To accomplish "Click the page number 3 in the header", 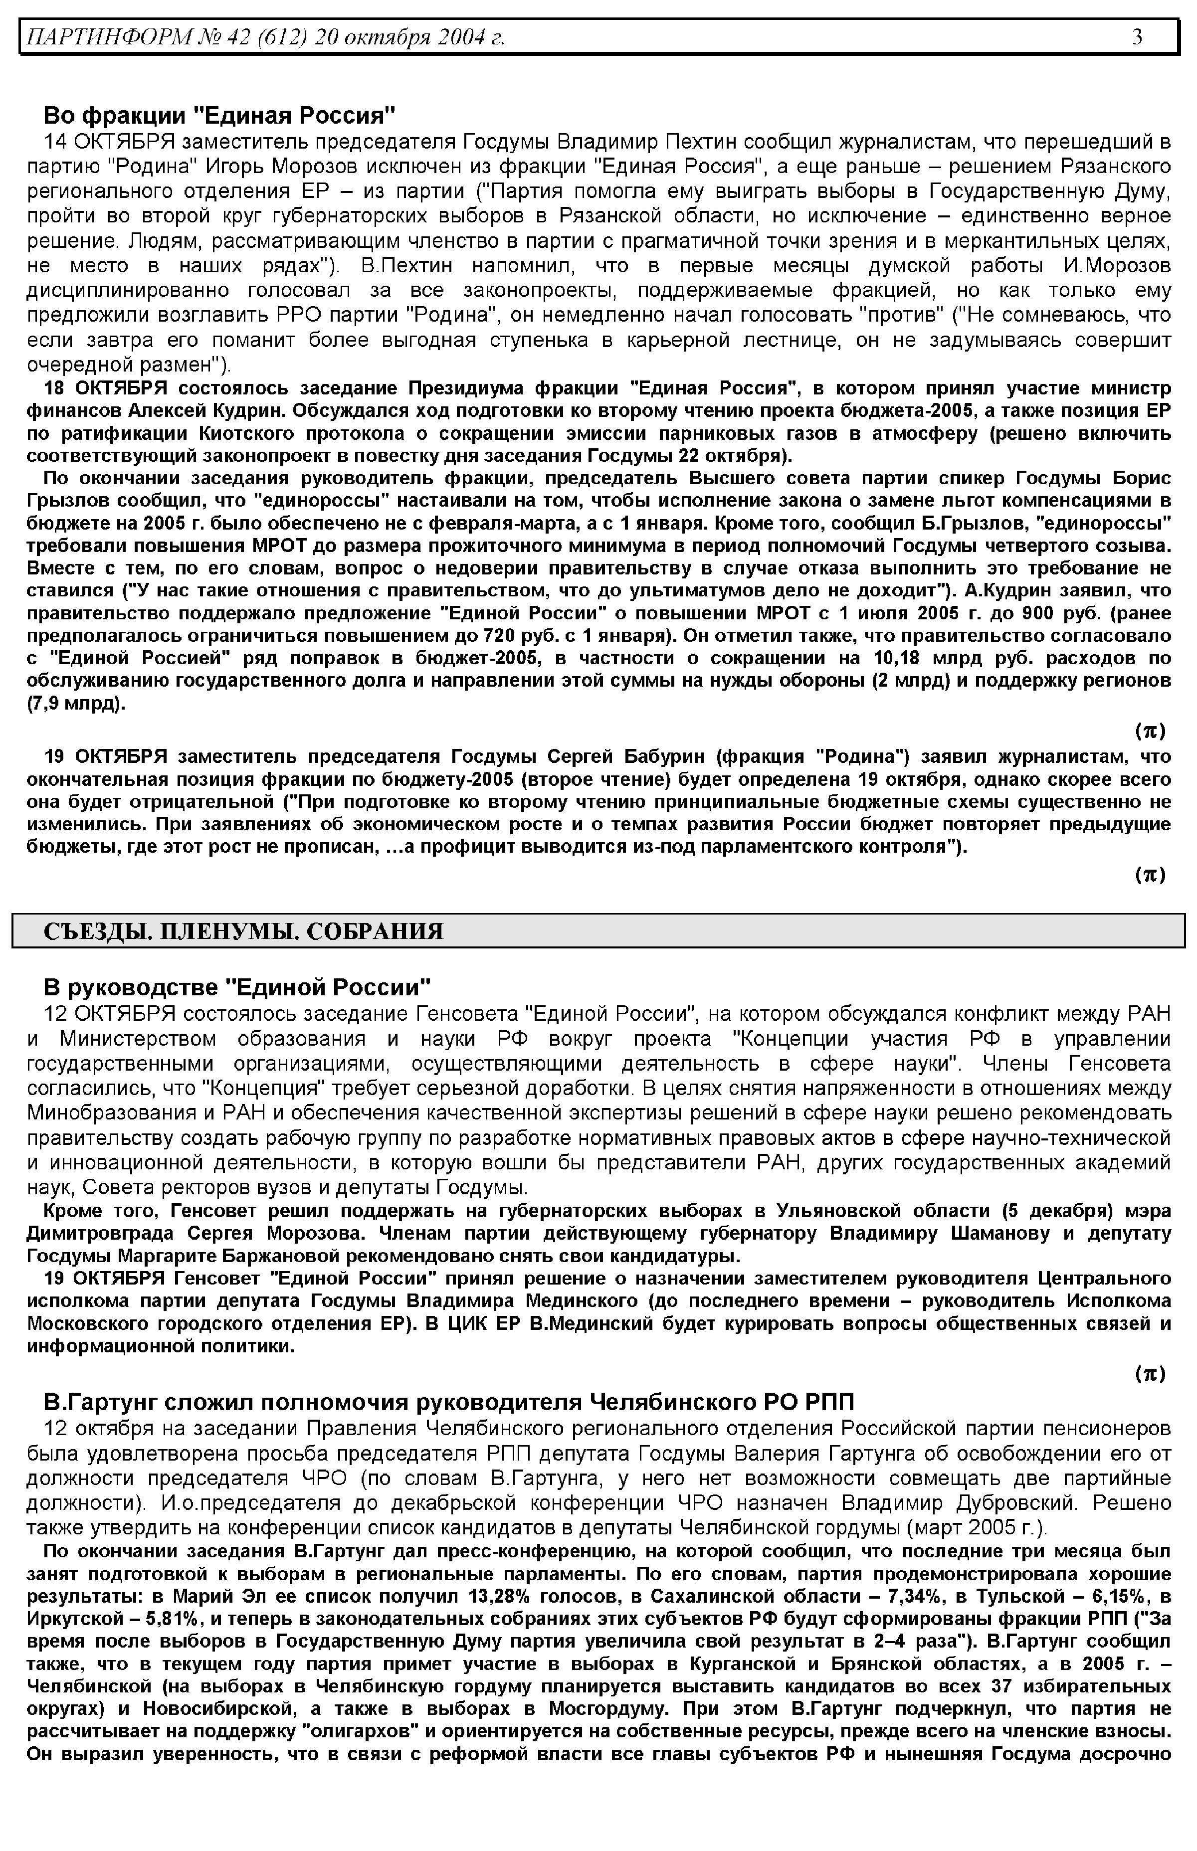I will point(1137,36).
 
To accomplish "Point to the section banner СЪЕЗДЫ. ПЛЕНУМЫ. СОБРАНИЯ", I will point(243,931).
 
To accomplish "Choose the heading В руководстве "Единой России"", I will point(236,988).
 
